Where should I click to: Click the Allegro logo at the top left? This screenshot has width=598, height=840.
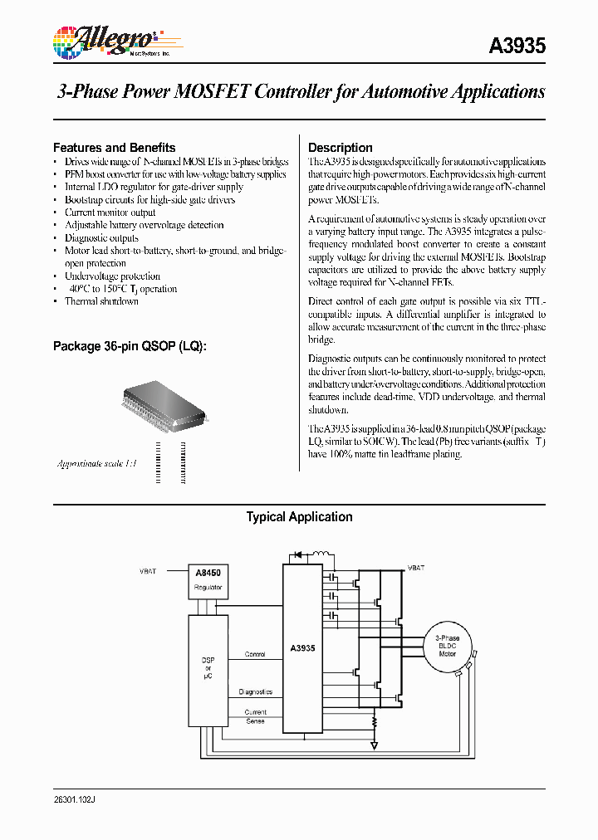pyautogui.click(x=105, y=41)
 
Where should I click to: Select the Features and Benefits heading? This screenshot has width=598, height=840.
pyautogui.click(x=114, y=148)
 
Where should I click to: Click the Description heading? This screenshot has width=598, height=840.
pyautogui.click(x=341, y=148)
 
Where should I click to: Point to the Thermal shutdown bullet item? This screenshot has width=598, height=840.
pyautogui.click(x=101, y=301)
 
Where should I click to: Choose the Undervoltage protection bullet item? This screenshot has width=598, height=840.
pyautogui.click(x=112, y=276)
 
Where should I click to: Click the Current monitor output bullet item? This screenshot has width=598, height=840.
pyautogui.click(x=110, y=212)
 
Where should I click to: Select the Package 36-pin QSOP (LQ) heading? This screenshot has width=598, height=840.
pyautogui.click(x=130, y=345)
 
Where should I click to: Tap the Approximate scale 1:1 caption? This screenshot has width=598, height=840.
pyautogui.click(x=96, y=463)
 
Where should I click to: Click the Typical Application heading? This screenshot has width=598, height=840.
pyautogui.click(x=299, y=517)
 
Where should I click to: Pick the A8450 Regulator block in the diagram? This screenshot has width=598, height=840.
pyautogui.click(x=208, y=579)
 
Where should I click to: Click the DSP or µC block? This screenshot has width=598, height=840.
pyautogui.click(x=208, y=668)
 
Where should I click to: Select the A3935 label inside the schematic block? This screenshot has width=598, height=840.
pyautogui.click(x=302, y=648)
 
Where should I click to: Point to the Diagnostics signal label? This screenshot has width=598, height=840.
pyautogui.click(x=255, y=691)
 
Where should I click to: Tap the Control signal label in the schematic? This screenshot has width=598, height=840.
pyautogui.click(x=255, y=654)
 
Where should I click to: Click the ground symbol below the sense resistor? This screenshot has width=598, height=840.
pyautogui.click(x=375, y=745)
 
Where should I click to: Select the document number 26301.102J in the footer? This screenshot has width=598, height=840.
pyautogui.click(x=80, y=798)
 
